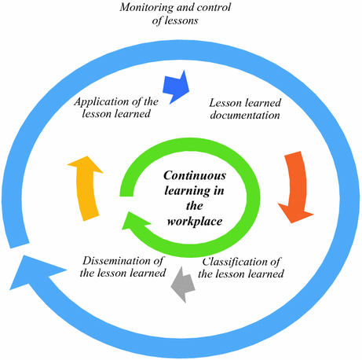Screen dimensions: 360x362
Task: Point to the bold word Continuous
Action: click(196, 178)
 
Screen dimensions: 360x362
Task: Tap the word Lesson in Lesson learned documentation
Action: click(225, 101)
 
